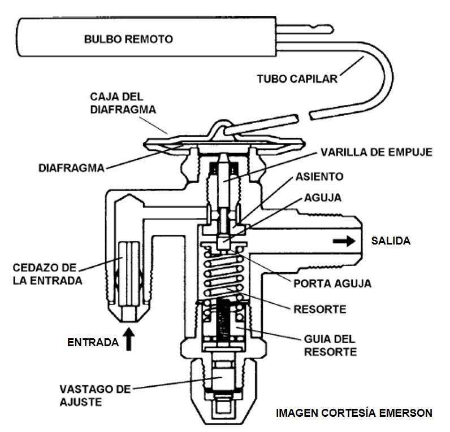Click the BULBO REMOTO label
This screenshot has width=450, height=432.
point(128,40)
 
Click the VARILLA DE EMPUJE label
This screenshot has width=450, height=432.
point(376,152)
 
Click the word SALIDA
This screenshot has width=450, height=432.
point(390,241)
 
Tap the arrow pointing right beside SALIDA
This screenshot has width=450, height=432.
point(343,241)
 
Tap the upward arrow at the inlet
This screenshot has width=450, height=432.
point(129,341)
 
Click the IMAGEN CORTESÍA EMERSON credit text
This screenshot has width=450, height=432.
point(354,413)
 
